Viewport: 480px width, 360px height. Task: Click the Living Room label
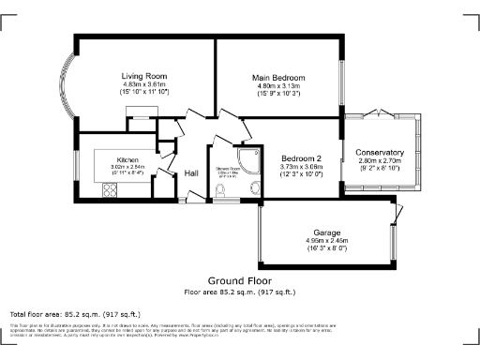(x=144, y=75)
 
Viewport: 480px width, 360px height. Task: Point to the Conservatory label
(x=380, y=152)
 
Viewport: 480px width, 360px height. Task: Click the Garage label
(x=326, y=232)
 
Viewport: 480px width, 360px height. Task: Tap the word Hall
(x=191, y=173)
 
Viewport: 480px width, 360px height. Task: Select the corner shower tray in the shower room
(x=250, y=157)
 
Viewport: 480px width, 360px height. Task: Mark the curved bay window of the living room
(x=67, y=89)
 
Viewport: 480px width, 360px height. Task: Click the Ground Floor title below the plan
(x=239, y=280)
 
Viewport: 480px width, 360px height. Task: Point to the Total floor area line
(x=74, y=313)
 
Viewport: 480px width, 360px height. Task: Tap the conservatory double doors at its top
(x=380, y=112)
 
